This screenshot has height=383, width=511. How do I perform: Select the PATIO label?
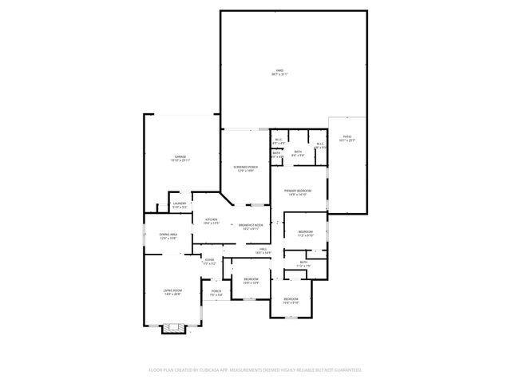click(x=347, y=138)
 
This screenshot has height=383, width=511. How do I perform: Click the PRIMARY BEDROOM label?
click(x=297, y=191)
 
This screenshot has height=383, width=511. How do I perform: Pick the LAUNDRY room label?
click(x=180, y=204)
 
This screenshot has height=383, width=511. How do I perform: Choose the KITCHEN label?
click(x=211, y=220)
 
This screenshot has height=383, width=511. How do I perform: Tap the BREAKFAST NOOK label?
click(x=251, y=226)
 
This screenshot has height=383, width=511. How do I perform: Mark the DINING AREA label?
click(x=168, y=236)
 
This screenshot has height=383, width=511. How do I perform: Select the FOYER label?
click(x=209, y=259)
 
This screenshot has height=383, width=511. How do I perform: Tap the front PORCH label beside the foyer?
click(x=216, y=293)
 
